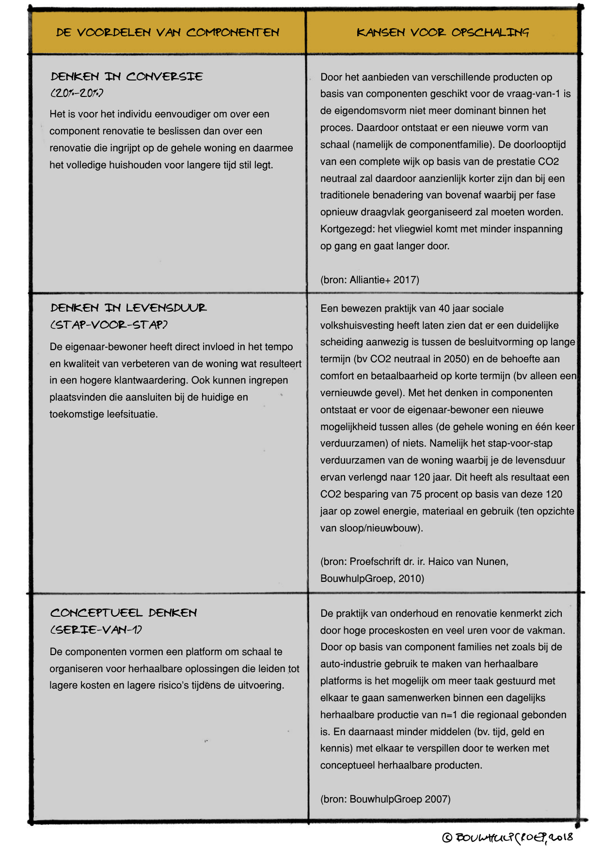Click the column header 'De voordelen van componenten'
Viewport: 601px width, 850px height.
pos(168,32)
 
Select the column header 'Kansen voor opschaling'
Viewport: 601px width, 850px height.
pos(443,32)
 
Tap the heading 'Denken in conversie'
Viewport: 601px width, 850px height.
pos(127,77)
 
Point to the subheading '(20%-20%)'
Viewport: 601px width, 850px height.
pos(77,93)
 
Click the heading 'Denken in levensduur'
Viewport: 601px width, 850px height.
pos(128,308)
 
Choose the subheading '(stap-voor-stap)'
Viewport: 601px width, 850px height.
pos(109,324)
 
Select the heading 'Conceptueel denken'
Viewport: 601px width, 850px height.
pos(124,613)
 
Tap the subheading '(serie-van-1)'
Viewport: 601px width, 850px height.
pos(96,630)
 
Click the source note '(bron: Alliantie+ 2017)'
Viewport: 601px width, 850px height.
pos(369,280)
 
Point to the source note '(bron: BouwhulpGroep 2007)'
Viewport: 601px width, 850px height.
pos(385,799)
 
